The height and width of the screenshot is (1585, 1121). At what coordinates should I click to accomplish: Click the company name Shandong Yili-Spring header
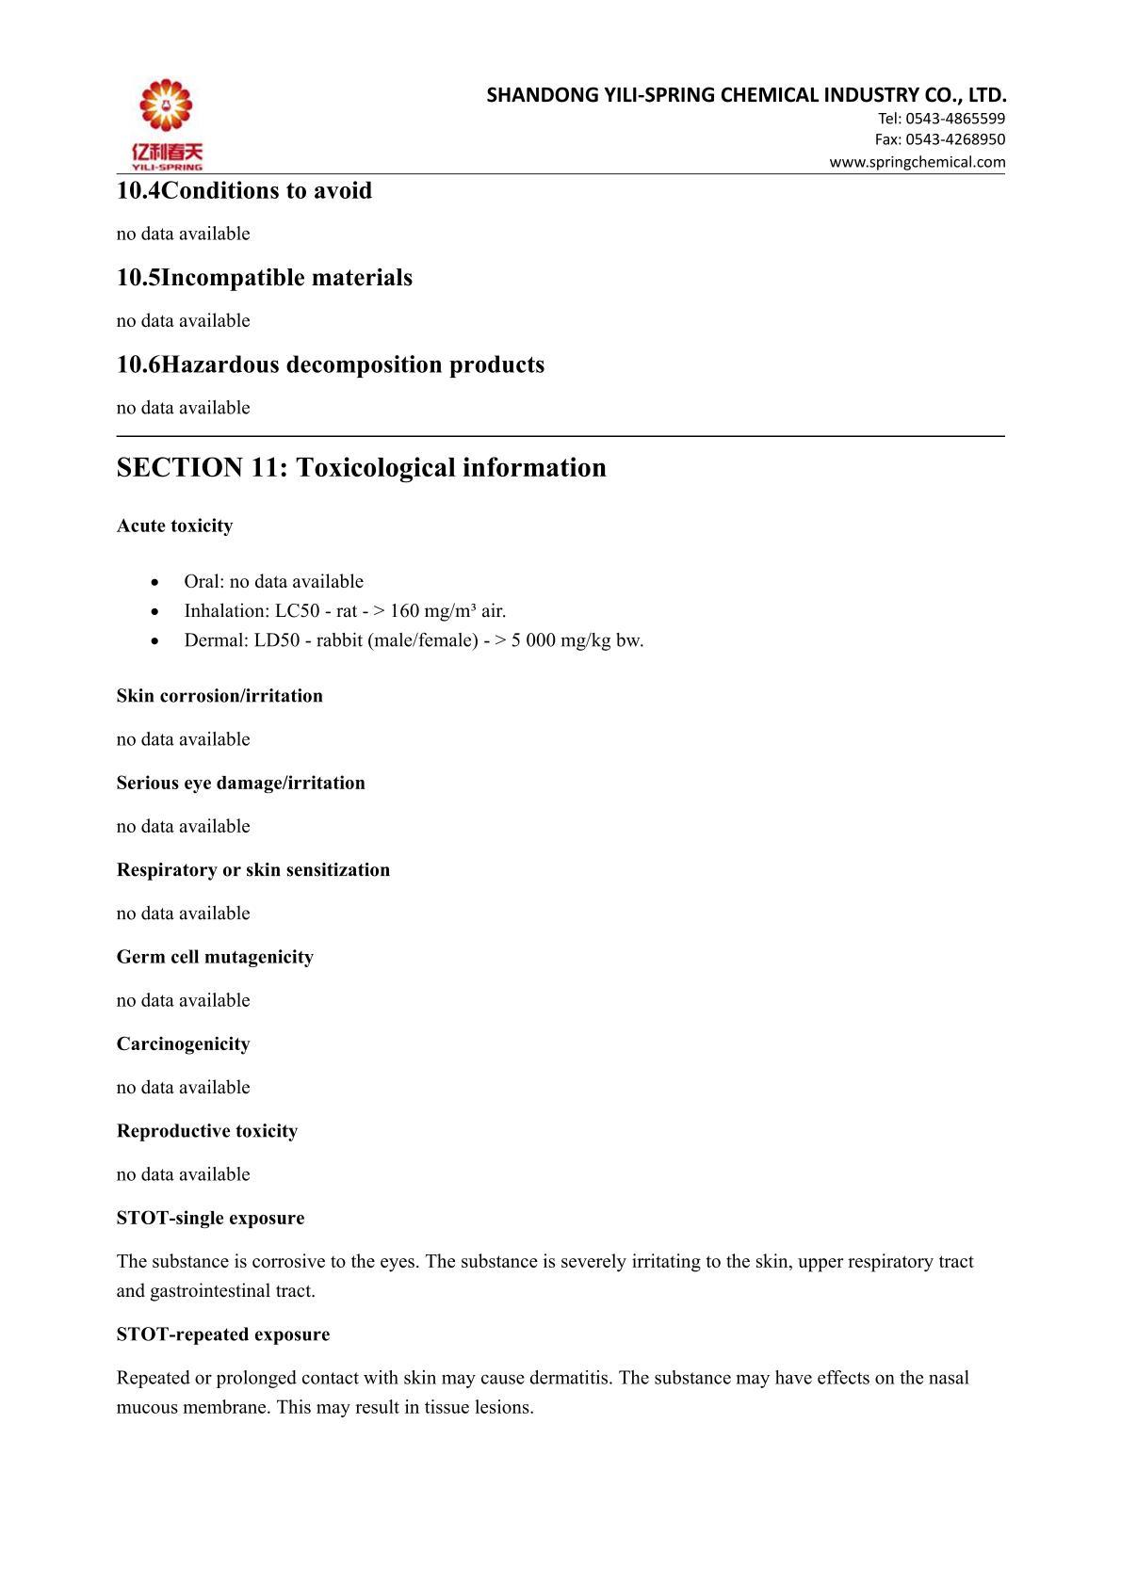click(x=746, y=95)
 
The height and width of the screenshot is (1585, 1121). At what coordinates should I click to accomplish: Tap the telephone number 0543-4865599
click(x=955, y=119)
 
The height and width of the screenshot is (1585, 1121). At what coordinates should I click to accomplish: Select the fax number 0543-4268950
click(x=955, y=139)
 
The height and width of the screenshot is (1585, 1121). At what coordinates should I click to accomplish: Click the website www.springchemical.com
click(x=917, y=162)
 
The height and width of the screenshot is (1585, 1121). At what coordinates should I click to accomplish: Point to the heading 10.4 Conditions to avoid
click(x=244, y=191)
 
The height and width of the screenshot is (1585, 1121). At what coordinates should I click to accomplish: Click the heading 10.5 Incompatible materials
click(x=264, y=278)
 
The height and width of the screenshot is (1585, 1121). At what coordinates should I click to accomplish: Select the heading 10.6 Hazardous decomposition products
click(x=330, y=364)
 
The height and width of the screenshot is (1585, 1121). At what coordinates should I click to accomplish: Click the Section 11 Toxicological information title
click(x=361, y=468)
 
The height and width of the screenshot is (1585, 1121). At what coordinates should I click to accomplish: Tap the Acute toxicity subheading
click(x=174, y=526)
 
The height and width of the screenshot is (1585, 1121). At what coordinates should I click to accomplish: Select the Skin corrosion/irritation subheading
click(x=219, y=696)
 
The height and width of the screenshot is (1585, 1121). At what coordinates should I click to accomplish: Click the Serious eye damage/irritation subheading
click(x=240, y=784)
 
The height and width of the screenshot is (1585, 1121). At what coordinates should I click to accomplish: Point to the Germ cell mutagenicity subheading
click(x=215, y=957)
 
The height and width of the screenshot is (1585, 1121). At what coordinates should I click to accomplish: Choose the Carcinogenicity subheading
click(x=183, y=1044)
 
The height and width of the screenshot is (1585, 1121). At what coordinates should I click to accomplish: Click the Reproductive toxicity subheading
click(x=206, y=1131)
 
